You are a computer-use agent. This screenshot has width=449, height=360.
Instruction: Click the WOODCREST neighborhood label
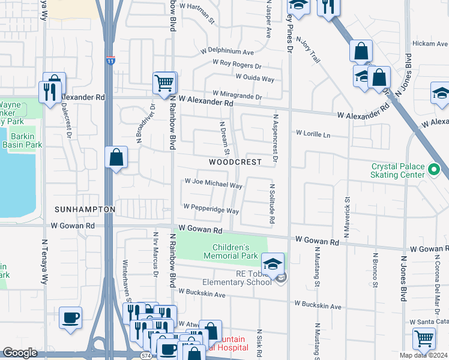tap(235, 163)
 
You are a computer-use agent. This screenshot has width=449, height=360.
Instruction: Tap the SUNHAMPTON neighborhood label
tap(84, 209)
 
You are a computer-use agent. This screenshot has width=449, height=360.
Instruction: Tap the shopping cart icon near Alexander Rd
tap(164, 83)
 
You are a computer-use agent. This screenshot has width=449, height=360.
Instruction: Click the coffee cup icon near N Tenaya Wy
tap(71, 317)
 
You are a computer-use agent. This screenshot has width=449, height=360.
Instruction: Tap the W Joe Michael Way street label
tap(213, 182)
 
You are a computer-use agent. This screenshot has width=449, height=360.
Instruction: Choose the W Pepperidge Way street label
tap(211, 208)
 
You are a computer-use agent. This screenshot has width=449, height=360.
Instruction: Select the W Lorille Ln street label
tap(312, 134)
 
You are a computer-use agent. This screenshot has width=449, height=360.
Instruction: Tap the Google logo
tap(20, 353)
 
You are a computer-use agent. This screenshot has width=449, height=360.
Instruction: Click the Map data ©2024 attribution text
tap(423, 355)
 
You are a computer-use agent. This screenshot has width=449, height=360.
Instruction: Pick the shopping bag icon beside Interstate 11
tap(116, 158)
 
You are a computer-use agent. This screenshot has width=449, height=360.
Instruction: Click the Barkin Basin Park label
tap(22, 140)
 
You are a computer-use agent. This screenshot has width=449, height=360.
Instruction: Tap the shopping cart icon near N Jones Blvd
tap(424, 339)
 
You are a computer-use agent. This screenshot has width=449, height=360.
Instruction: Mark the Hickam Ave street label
tap(429, 44)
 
